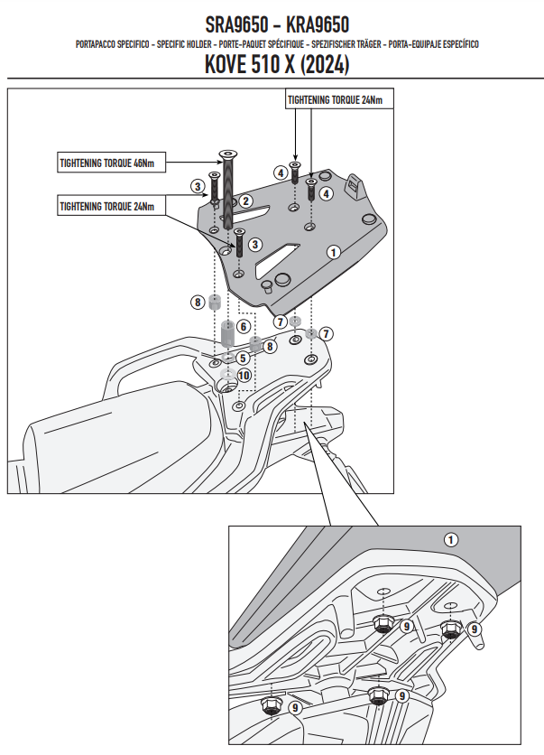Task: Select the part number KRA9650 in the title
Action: tap(318, 24)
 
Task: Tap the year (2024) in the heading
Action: tap(325, 64)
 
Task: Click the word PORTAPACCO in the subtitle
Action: tap(96, 44)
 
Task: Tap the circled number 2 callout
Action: tap(245, 200)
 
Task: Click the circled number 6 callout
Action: tap(244, 326)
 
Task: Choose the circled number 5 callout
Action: tap(243, 359)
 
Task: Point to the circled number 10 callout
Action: tap(244, 376)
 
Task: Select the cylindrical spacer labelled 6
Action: tap(227, 332)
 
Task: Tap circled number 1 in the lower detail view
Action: tap(451, 540)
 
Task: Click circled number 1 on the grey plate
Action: tap(333, 251)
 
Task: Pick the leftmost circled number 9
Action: tap(296, 707)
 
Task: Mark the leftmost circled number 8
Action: tap(198, 303)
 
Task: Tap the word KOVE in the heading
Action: tap(226, 64)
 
